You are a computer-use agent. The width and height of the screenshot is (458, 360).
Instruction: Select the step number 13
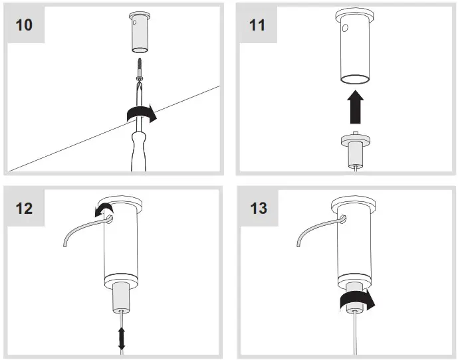coord(259,207)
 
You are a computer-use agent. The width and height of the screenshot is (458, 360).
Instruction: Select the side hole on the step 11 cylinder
coord(345,29)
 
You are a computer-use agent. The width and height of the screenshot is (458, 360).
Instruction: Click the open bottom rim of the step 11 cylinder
coord(356,80)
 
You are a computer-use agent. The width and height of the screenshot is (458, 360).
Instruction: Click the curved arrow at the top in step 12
coord(104,211)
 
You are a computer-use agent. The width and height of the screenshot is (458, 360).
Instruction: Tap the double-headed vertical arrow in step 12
coord(122,338)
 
